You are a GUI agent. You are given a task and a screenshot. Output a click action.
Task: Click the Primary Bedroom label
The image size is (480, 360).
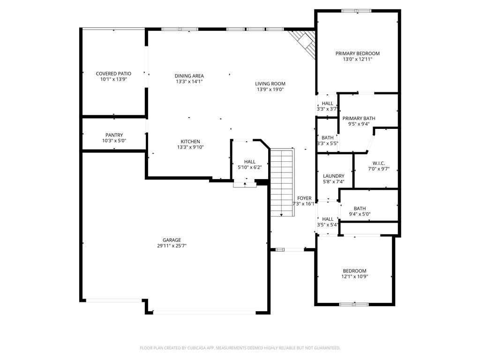pyautogui.click(x=357, y=53)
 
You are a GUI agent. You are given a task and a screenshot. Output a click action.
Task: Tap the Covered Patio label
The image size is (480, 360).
pyautogui.click(x=113, y=74)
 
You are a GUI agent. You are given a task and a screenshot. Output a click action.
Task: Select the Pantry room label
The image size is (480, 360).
pyautogui.click(x=114, y=135)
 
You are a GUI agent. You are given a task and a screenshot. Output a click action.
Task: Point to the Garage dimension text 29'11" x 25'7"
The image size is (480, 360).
pyautogui.click(x=172, y=246)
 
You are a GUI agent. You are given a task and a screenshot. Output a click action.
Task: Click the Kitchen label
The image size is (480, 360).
pyautogui.click(x=190, y=142)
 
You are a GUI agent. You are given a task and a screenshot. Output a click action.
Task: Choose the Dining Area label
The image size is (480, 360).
pyautogui.click(x=189, y=76)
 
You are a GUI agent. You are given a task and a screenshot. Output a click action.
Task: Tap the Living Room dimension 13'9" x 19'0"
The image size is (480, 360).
pyautogui.click(x=270, y=90)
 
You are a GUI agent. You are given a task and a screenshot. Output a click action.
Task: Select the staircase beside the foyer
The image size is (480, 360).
pyautogui.click(x=282, y=182)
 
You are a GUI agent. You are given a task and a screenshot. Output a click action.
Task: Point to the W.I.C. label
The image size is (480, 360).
pyautogui.click(x=379, y=163)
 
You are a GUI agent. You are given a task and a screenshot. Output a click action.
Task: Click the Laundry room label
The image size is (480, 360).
pyautogui.click(x=334, y=176)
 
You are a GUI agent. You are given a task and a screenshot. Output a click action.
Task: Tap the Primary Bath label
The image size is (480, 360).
pyautogui.click(x=359, y=119)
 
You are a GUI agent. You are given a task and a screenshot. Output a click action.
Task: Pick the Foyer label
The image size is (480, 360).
pyautogui.click(x=304, y=198)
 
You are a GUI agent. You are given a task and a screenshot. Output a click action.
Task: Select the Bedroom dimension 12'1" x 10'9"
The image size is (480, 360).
pyautogui.click(x=354, y=277)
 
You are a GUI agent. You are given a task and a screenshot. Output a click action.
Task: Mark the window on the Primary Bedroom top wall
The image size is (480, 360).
pyautogui.click(x=357, y=11)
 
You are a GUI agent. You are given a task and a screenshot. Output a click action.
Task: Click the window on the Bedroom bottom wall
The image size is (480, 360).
pyautogui.click(x=354, y=304)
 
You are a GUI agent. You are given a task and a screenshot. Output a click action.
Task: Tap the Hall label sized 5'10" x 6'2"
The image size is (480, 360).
pyautogui.click(x=250, y=162)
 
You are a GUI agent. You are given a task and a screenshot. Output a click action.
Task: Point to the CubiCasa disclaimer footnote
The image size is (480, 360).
pyautogui.click(x=240, y=348)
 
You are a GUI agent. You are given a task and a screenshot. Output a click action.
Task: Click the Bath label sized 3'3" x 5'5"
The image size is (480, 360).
pyautogui.click(x=328, y=138)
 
